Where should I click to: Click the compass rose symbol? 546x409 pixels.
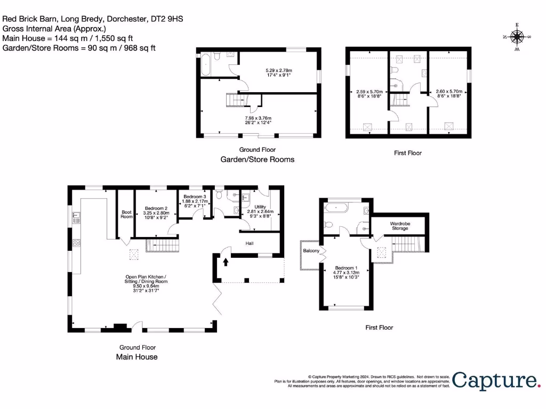coord(516,37)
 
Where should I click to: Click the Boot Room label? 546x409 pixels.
coord(126,214)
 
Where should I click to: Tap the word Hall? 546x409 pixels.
coord(249,243)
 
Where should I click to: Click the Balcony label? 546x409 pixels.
coord(311,250)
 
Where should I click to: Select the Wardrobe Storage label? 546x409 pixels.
coord(400,225)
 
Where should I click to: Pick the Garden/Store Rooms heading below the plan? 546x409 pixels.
coord(258,159)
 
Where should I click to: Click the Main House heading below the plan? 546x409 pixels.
coord(136,357)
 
